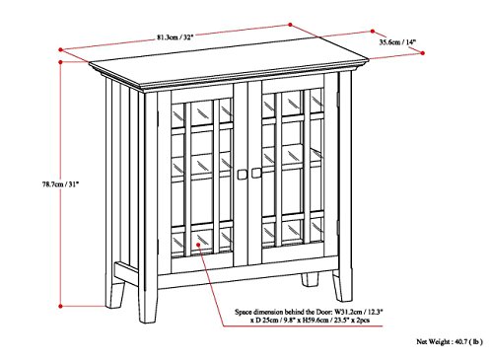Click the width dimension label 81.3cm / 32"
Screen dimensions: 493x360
click(175, 37)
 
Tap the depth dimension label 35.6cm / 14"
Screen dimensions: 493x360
click(397, 42)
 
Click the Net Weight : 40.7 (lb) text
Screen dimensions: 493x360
click(450, 342)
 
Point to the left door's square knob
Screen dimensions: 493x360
click(242, 175)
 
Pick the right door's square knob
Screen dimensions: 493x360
click(256, 173)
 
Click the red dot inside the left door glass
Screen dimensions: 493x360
click(198, 245)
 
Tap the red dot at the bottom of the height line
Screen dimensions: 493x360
click(60, 307)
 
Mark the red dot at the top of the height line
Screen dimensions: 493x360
click(60, 62)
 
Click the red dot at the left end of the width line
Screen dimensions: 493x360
click(60, 49)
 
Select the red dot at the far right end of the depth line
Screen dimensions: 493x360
click(423, 53)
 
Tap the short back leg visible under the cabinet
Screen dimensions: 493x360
click(311, 279)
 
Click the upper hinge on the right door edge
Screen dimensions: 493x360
click(337, 99)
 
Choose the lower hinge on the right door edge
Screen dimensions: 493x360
click(337, 228)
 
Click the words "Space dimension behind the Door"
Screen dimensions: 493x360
click(284, 312)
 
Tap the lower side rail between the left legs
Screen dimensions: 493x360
click(126, 273)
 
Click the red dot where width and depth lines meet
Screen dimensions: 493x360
click(290, 25)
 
